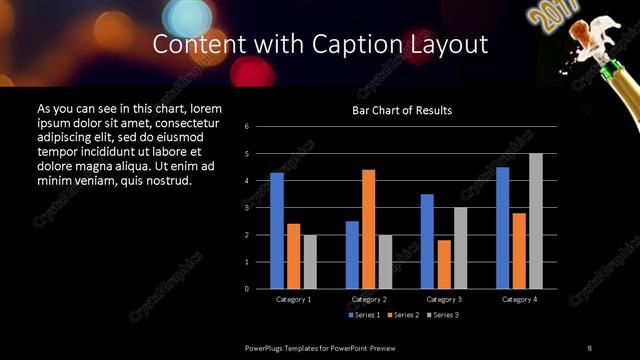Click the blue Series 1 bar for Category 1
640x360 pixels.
point(277,231)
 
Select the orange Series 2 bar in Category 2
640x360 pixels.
point(368,229)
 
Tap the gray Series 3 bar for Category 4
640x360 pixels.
point(535,221)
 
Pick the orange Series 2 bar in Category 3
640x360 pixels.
point(443,264)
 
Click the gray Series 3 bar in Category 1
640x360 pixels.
point(310,262)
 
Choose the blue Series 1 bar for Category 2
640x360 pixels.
point(352,255)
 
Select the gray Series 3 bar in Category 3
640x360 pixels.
point(460,248)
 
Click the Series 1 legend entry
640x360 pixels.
point(364,316)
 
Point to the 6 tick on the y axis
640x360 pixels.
point(260,127)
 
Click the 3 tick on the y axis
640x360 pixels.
point(260,208)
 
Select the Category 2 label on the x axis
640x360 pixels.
point(369,299)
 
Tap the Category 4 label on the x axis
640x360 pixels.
point(519,299)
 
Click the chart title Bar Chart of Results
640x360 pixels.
point(402,110)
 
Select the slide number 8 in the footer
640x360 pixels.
point(589,347)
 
